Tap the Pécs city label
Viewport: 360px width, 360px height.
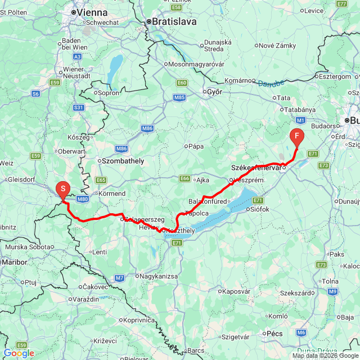click(x=274, y=334)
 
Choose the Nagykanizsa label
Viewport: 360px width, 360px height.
click(x=159, y=276)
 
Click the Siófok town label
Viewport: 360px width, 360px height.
click(x=259, y=209)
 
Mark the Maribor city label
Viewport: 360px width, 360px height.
click(x=15, y=262)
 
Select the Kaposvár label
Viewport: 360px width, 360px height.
click(x=236, y=291)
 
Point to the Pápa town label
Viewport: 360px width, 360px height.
click(x=195, y=146)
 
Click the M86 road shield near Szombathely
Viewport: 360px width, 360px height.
click(x=121, y=148)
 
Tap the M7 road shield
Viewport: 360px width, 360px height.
click(x=119, y=278)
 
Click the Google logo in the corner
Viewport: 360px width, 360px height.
click(x=18, y=353)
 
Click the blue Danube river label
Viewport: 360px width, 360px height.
click(x=271, y=84)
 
